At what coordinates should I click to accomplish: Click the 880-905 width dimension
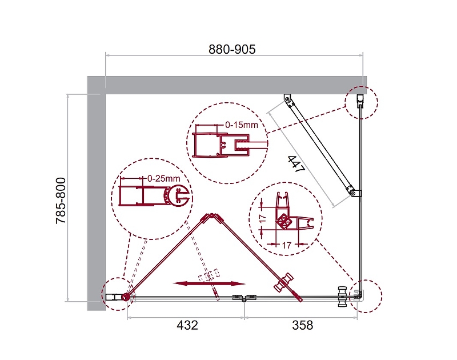click(232, 49)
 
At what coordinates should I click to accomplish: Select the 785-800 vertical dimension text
click(61, 201)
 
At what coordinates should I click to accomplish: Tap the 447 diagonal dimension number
click(296, 164)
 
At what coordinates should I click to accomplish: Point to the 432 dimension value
click(187, 325)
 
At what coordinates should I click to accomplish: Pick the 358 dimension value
click(303, 325)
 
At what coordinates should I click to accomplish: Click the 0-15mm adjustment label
click(242, 125)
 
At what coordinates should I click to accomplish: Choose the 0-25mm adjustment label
click(163, 178)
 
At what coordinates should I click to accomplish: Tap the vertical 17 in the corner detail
click(262, 218)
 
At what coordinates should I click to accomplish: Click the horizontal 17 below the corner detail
click(287, 245)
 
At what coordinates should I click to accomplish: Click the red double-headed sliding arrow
click(209, 283)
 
